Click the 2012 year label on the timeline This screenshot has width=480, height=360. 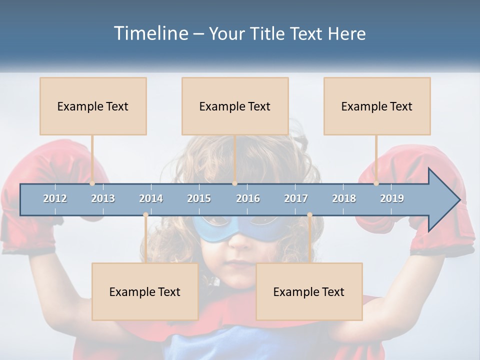55,198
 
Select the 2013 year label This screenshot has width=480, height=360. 103,198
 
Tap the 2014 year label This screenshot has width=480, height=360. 151,198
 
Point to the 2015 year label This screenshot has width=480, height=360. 199,198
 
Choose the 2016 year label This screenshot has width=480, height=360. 248,198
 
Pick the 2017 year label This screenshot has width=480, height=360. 296,198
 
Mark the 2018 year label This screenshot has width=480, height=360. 344,198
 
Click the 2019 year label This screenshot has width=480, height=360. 392,198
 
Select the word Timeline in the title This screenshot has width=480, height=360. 150,33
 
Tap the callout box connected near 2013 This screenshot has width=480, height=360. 93,106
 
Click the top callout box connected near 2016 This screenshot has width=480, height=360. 235,106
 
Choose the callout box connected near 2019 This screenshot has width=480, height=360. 377,106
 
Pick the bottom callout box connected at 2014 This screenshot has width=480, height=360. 145,291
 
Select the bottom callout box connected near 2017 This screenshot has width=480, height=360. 309,291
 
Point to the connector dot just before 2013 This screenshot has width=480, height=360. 92,183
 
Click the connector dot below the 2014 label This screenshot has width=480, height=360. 145,215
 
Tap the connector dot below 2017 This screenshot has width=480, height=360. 309,215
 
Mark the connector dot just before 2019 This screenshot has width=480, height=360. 376,183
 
